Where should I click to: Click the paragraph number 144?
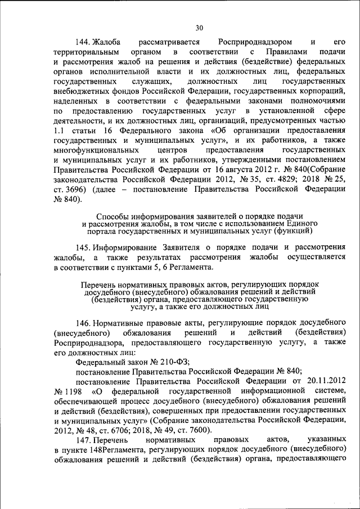point(83,42)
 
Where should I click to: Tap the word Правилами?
point(285,52)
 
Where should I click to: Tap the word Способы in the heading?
point(111,217)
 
